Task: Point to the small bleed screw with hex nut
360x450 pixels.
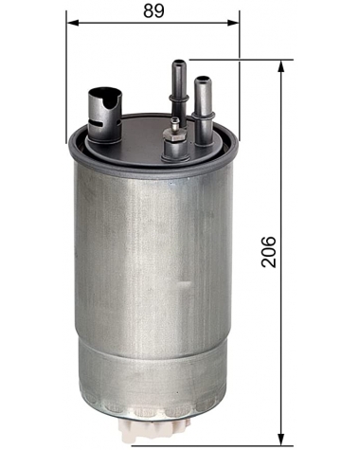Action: (173, 142)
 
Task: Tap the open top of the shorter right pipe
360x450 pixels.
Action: (203, 80)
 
